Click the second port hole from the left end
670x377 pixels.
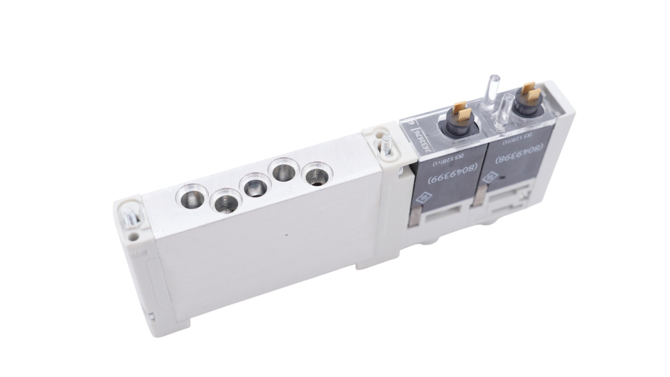[x=227, y=204]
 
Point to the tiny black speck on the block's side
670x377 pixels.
[x=286, y=235]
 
